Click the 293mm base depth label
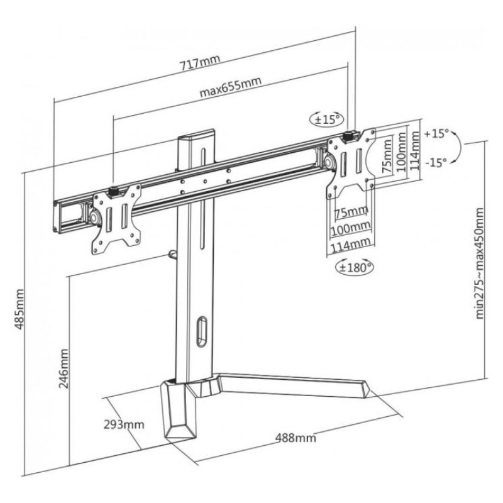click(124, 424)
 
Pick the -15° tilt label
click(436, 162)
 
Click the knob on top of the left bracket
click(115, 191)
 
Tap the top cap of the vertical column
click(197, 136)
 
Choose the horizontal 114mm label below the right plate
click(351, 243)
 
